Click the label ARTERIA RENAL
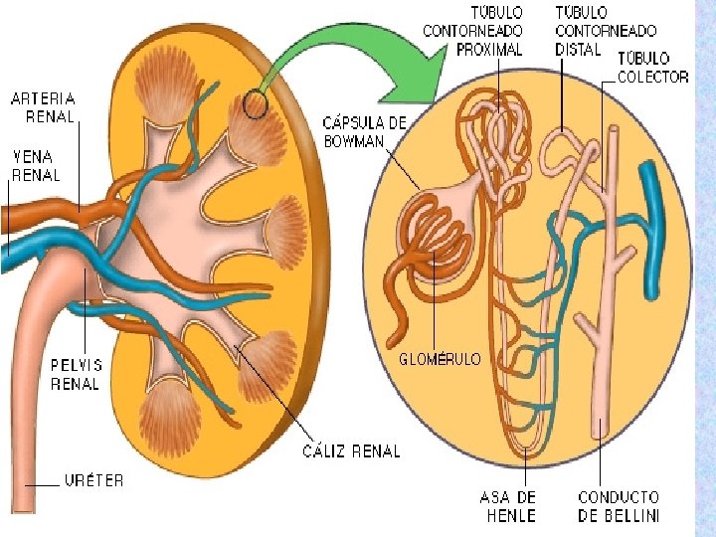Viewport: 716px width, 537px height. click(44, 106)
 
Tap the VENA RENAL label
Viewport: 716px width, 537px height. click(35, 165)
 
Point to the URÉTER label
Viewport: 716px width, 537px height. click(94, 480)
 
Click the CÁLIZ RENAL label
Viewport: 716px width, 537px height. click(351, 451)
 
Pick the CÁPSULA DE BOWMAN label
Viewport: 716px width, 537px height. click(365, 132)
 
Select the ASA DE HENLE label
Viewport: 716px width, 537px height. click(508, 506)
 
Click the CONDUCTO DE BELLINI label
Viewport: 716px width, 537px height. click(619, 506)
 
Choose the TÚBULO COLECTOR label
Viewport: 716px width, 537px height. click(652, 68)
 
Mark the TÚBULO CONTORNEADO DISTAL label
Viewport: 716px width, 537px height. click(606, 30)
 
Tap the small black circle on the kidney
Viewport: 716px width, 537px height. click(256, 103)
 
